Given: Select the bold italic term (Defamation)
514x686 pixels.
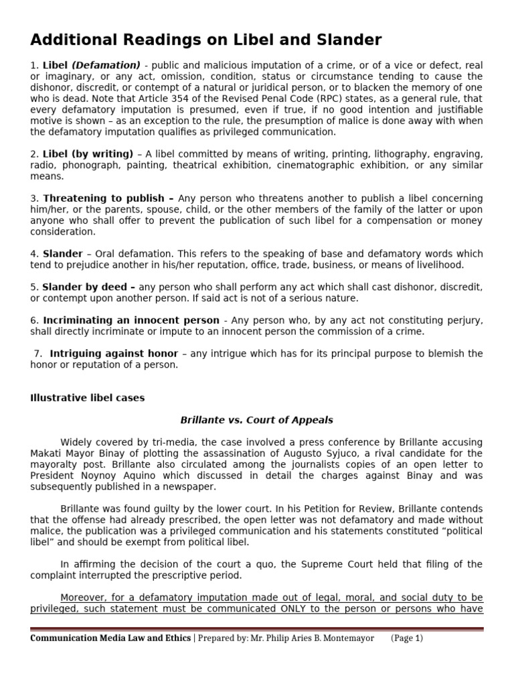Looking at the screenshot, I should click(106, 65).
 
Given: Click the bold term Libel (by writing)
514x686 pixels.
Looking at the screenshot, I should click(88, 154).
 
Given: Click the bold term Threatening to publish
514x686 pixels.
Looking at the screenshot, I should click(108, 198).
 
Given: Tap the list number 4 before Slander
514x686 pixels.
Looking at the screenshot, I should click(33, 254).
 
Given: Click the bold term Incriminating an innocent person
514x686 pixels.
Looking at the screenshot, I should click(131, 320).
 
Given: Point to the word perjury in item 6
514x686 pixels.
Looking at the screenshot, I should click(461, 320).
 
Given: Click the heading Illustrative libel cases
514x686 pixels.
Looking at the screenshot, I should click(87, 398).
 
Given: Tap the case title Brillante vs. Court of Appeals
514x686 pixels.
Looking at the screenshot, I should click(256, 420).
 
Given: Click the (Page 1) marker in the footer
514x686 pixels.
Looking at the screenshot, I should click(407, 638).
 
